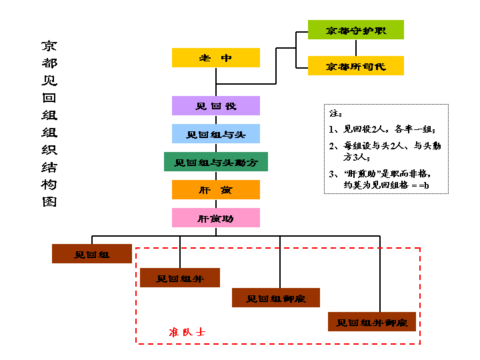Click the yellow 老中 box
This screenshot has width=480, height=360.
215,58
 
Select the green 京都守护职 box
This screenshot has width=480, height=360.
355,30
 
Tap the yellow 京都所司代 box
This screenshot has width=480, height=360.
355,66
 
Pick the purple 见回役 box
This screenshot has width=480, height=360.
215,106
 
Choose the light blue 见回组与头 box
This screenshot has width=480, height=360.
215,134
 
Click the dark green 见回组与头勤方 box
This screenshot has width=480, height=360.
215,162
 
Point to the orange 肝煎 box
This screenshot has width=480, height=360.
215,190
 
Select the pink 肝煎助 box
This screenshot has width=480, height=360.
215,218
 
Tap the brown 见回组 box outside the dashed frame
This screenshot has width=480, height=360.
92,254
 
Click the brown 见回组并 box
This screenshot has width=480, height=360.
180,278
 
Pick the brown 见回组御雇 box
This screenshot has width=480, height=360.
275,298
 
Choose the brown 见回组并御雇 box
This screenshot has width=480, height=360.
371,322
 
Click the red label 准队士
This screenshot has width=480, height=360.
187,331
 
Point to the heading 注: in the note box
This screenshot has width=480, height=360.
336,113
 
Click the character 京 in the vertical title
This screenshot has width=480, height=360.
49,47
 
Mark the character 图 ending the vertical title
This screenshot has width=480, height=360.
49,201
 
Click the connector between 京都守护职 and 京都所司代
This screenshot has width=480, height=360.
355,48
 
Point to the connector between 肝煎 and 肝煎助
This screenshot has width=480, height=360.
215,204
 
